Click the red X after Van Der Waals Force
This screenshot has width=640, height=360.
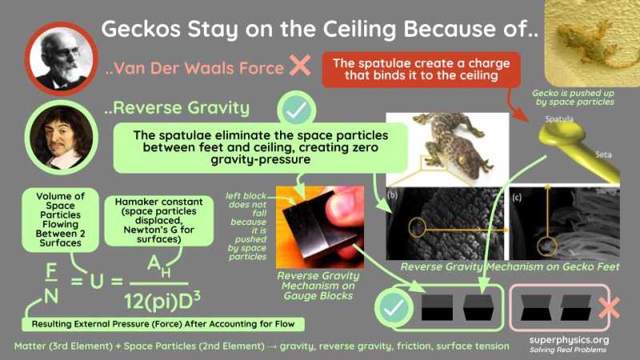coord(300,66)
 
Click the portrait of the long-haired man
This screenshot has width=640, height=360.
coord(58,134)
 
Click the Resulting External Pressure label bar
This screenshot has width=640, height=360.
coord(162,324)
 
